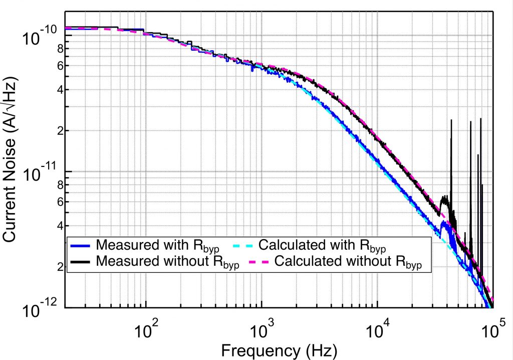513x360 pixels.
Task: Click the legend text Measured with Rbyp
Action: pos(159,246)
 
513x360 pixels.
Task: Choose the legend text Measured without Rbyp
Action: pos(168,262)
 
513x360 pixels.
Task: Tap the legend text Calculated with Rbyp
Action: pos(322,246)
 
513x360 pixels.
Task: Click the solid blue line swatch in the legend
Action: pos(80,246)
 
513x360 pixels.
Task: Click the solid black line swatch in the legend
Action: pos(80,262)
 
